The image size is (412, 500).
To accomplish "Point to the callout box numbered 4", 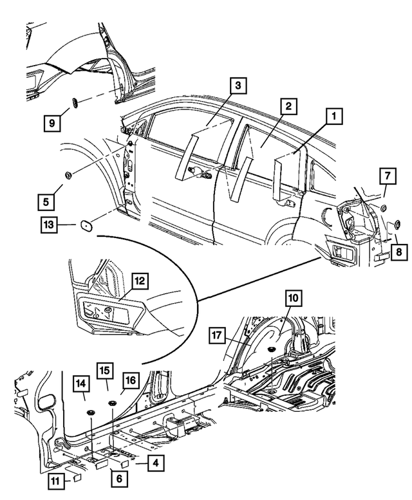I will click(x=154, y=461).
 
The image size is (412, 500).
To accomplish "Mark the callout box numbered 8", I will click(x=399, y=253).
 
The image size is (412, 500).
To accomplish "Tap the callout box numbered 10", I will click(x=294, y=298).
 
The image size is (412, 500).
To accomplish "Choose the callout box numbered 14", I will click(x=82, y=384).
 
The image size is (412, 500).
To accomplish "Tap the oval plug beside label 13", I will click(x=84, y=225).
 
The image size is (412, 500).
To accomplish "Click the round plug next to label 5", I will click(x=68, y=174).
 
